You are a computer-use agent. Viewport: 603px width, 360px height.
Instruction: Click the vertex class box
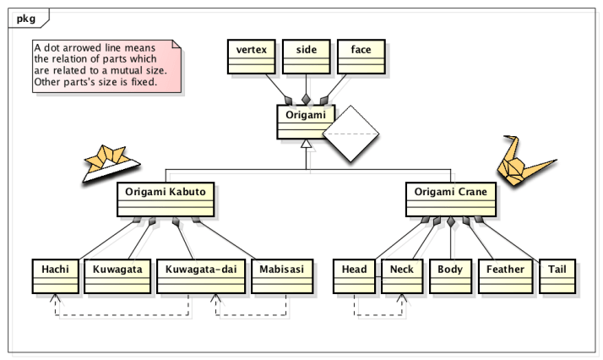pos(252,56)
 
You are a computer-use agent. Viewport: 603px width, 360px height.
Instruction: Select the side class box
pos(307,56)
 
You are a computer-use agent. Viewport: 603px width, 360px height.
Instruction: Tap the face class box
pos(361,56)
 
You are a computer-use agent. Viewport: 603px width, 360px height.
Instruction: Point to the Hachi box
pos(56,275)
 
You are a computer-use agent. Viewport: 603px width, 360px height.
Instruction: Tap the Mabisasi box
pos(282,275)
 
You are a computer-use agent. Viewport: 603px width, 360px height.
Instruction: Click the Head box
pos(355,275)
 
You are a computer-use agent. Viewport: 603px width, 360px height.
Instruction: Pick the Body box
pos(450,275)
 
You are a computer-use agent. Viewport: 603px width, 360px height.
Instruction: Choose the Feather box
pos(505,275)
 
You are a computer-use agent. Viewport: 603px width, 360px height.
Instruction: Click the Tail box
pos(557,275)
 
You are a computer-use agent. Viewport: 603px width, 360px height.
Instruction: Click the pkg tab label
pos(25,17)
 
